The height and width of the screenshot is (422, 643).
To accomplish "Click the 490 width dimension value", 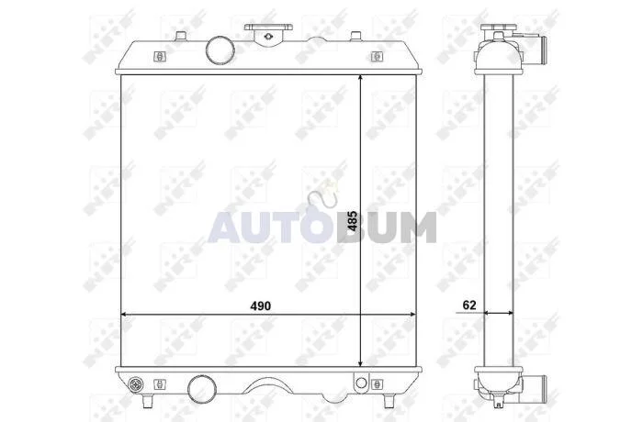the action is pos(261,306).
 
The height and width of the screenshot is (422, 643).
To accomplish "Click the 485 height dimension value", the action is pos(352,221).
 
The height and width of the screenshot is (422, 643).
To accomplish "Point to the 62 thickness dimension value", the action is pos(469,305).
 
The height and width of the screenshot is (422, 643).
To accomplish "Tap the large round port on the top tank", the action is pos(220,50).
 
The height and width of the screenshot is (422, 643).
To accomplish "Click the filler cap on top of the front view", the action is pos(268,33).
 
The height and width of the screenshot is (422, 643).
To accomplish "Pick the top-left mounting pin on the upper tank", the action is pos(180,36).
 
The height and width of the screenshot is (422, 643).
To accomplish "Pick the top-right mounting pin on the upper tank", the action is pos(356,36).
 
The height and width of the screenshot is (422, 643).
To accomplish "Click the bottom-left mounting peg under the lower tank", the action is pos(148,401).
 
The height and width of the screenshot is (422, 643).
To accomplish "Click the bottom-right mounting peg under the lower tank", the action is pos(389,401).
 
